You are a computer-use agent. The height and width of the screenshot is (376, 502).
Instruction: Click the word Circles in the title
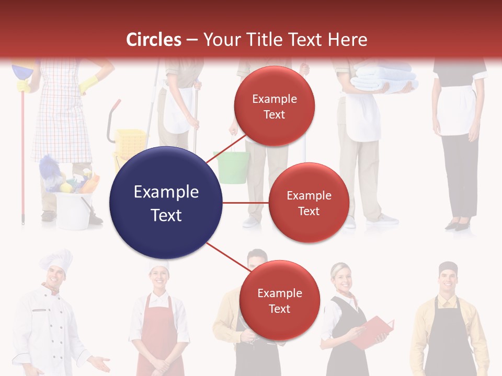pos(153,40)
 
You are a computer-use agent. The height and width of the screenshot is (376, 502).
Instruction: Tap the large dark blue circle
pos(166,203)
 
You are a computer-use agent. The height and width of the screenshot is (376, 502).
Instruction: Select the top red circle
pos(274,106)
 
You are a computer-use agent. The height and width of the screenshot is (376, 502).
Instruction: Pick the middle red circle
pos(309,203)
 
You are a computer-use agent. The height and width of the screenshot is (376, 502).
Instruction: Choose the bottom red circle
pos(279,300)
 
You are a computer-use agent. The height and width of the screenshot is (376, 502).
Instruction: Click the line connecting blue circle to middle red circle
pos(245,203)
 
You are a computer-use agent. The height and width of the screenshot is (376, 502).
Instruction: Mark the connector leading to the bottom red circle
pos(227,255)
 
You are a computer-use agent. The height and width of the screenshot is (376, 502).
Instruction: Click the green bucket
pos(231,167)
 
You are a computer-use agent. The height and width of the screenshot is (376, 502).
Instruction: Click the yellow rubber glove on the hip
pos(89,83)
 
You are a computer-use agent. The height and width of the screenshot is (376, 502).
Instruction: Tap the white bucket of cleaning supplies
pos(73,209)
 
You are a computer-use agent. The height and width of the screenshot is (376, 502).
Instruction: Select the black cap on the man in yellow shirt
pos(448,268)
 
